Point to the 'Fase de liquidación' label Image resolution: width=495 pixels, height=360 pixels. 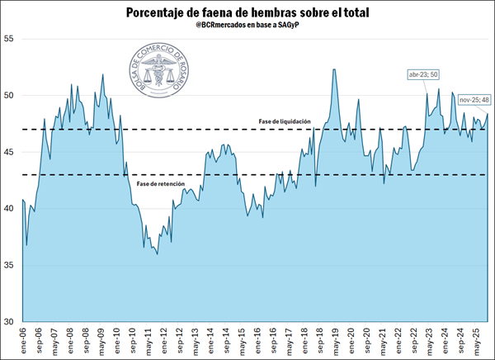285,121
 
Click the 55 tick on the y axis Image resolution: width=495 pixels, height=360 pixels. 9,39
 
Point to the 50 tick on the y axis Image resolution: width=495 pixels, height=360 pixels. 9,95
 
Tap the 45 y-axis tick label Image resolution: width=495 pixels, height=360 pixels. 9,152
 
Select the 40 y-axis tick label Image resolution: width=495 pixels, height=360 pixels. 9,208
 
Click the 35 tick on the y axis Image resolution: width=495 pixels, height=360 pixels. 9,265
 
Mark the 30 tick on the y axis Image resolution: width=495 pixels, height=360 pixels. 9,321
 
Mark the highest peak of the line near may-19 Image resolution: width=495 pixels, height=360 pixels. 334,69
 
